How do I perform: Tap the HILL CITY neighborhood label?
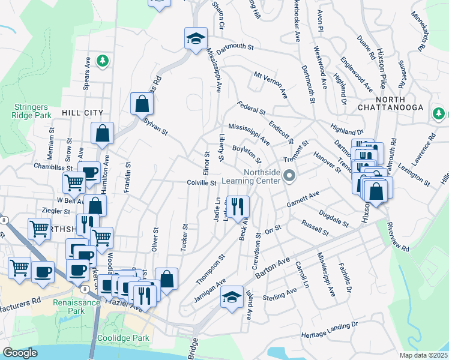click(x=82, y=112)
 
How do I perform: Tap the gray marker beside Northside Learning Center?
click(x=291, y=176)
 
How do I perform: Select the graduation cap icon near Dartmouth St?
click(x=196, y=39)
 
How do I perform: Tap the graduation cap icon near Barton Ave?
click(x=232, y=296)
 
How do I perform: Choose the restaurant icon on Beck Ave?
click(x=238, y=206)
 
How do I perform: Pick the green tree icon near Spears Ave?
click(x=103, y=60)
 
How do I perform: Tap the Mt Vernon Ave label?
click(x=271, y=85)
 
